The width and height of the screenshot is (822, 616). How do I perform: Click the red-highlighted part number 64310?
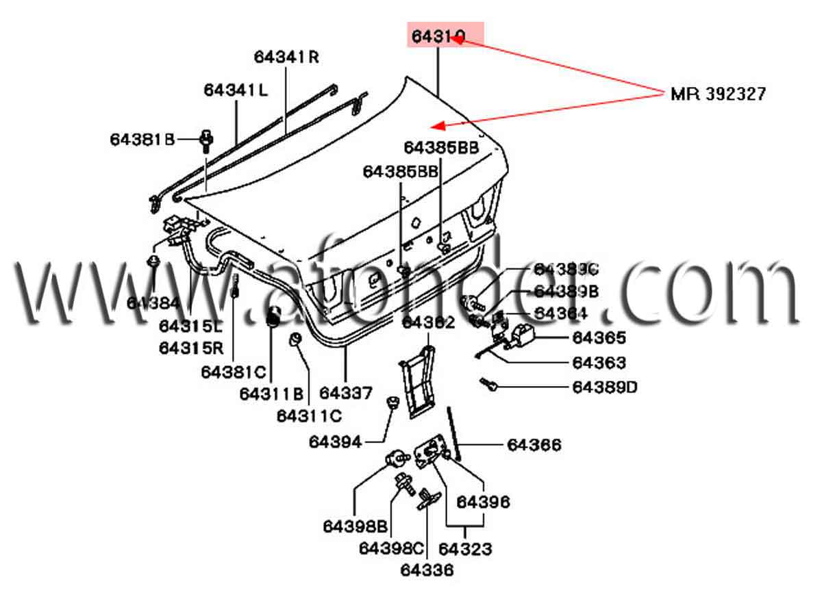pos(438,35)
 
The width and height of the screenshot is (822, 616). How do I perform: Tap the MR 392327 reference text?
pos(718,94)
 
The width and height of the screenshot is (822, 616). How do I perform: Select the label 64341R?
pos(286,57)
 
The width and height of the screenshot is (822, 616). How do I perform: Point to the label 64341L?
pos(236,90)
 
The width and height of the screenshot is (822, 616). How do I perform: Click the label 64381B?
pos(142,140)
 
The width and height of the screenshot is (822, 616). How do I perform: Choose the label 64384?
pos(153,303)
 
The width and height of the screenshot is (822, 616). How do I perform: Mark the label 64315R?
pos(191,348)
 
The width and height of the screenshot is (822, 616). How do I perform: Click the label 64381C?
pos(233,372)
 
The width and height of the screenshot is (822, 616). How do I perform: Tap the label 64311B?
pos(271,394)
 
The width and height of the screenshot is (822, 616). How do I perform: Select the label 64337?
pos(346,393)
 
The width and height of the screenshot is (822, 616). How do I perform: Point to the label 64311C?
pos(309,415)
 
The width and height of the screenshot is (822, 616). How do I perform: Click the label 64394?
pos(335,442)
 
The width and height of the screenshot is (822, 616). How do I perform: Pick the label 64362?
pos(428,322)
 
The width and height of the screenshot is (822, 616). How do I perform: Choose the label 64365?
pos(599,337)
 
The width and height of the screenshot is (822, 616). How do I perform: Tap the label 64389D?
pos(605,387)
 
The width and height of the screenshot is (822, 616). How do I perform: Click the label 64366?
pos(534,446)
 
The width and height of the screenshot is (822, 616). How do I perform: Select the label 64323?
pos(465,549)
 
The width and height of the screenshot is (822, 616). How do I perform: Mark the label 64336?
pos(427,569)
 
